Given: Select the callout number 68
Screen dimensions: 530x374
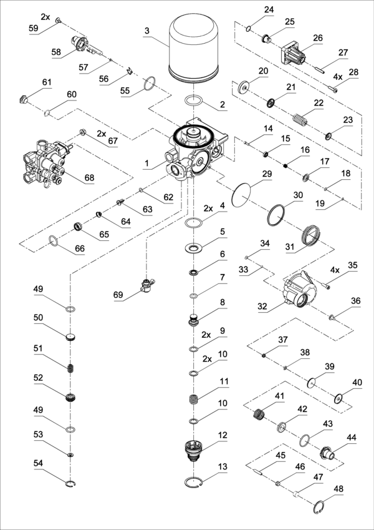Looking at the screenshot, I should (89, 179).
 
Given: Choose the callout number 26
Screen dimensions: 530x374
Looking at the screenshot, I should (319, 38).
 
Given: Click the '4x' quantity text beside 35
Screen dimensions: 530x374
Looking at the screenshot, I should (334, 271).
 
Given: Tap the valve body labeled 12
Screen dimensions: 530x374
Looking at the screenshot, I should (195, 449).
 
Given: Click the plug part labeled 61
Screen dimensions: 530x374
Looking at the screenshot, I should (26, 99).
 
